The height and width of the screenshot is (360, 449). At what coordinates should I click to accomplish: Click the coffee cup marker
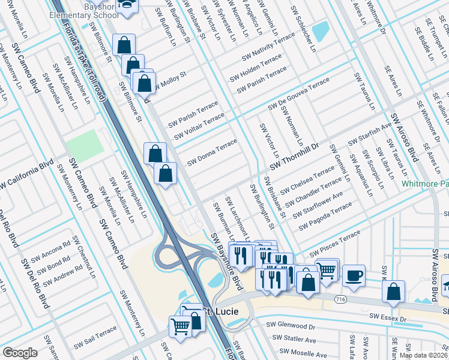click(354, 275)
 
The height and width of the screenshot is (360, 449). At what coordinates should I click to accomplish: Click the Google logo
click(20, 353)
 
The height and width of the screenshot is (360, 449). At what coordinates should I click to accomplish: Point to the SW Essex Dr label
click(387, 316)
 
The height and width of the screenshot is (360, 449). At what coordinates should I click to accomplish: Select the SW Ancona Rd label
click(50, 251)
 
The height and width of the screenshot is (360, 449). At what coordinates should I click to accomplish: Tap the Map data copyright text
click(423, 355)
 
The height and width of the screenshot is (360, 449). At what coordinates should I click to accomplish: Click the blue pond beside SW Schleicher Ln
click(320, 29)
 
